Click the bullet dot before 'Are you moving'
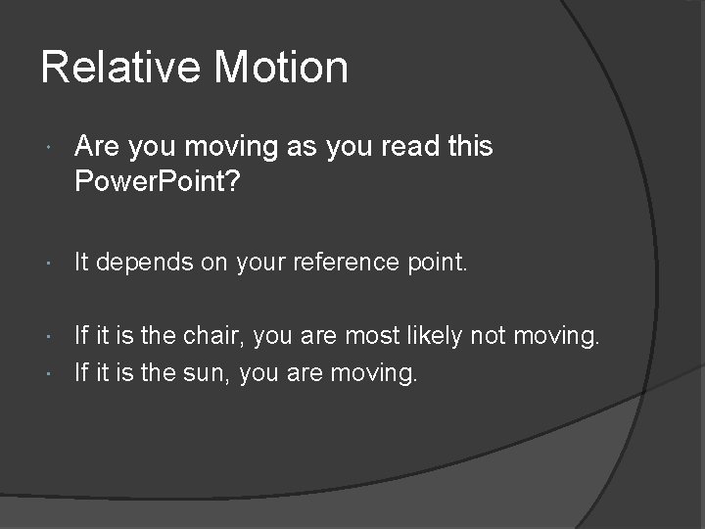coord(49,148)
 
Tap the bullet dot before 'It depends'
coord(49,264)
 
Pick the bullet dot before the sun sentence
coord(49,372)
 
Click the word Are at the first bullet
coord(94,147)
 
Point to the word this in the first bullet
coord(470,147)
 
